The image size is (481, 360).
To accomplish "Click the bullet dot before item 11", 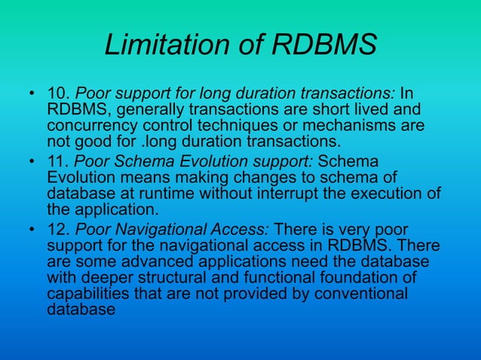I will tap(32, 163).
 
